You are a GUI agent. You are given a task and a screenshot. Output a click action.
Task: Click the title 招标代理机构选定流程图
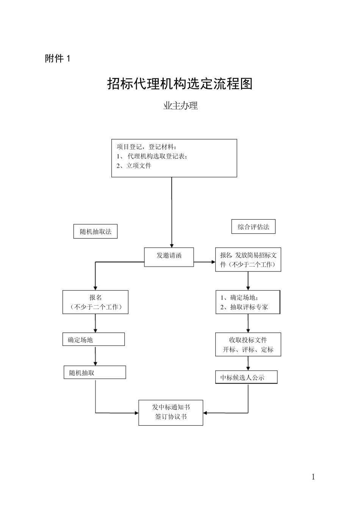point(180,84)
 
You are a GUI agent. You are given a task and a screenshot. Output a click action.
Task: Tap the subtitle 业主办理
point(180,106)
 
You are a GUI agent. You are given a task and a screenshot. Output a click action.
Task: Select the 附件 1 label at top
point(58,59)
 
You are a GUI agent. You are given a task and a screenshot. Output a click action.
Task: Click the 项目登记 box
point(174,158)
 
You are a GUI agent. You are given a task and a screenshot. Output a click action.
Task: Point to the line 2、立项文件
point(134,166)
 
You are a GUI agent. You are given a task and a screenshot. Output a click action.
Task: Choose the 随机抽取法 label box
point(95,231)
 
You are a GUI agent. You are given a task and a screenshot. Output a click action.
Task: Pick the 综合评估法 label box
point(254,227)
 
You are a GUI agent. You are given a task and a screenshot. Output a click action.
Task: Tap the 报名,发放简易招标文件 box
point(248,260)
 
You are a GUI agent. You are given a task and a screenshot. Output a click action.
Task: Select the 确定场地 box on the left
point(94,339)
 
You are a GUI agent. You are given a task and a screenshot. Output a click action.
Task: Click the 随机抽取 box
point(95,373)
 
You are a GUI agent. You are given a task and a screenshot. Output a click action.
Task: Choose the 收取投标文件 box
point(248,345)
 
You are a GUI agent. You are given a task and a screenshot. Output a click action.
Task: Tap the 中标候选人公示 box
point(246,377)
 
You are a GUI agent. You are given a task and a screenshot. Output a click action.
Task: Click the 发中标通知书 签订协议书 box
point(171,412)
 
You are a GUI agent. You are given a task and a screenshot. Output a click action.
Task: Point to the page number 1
point(313,477)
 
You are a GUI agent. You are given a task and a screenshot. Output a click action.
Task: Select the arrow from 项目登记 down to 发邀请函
point(172,212)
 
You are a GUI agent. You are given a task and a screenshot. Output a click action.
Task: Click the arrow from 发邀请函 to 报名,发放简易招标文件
point(205,262)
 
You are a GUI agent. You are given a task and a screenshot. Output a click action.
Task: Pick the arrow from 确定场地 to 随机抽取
point(95,356)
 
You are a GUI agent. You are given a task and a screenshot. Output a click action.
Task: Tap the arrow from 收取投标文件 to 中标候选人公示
point(248,363)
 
